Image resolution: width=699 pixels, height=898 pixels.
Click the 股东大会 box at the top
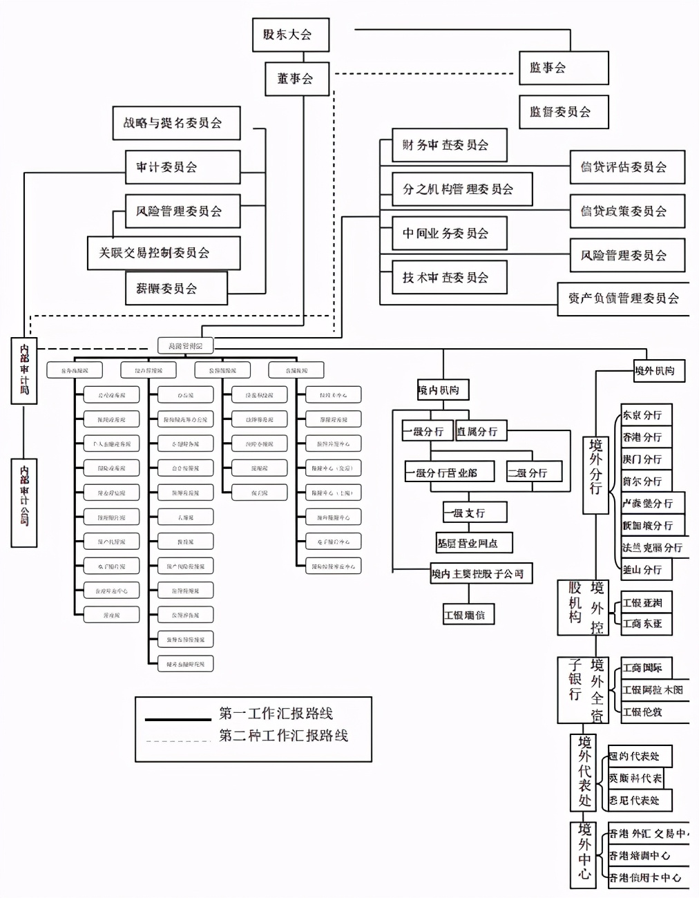pos(290,35)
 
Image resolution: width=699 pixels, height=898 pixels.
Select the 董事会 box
pos(296,79)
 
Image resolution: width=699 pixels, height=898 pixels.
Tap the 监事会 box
pos(563,68)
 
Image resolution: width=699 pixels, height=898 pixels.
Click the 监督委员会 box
pos(563,112)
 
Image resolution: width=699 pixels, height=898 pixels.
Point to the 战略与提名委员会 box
pos(176,123)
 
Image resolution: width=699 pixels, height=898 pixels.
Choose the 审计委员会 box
pos(182,167)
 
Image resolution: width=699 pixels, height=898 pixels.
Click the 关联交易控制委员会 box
pos(164,253)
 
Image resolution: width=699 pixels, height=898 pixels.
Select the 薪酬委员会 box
pos(176,288)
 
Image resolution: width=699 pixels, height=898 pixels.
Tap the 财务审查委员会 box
pos(449,145)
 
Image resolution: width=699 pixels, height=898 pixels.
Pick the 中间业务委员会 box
pos(449,233)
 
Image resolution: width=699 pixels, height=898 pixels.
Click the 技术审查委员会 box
pos(449,278)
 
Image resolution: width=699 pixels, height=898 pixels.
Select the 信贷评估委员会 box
pos(626,167)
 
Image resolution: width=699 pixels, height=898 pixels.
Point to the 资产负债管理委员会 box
pos(623,299)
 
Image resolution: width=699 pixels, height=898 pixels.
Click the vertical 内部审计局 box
pos(24,370)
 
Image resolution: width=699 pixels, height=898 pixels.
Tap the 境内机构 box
pos(443,390)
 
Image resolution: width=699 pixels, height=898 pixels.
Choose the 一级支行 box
pos(474,513)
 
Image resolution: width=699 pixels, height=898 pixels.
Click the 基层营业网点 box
pos(474,543)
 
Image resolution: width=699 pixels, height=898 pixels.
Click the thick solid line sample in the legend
pos(178,720)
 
